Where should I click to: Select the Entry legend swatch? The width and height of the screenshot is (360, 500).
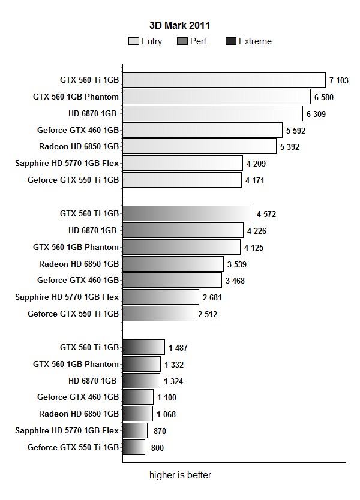click(x=134, y=41)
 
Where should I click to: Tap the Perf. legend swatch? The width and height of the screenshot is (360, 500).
click(x=183, y=41)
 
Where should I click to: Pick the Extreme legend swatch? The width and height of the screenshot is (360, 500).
click(x=230, y=41)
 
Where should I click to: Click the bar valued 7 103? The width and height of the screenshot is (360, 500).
click(x=224, y=80)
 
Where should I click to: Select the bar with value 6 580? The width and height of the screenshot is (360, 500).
click(x=217, y=97)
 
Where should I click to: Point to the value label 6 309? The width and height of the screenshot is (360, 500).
click(x=316, y=113)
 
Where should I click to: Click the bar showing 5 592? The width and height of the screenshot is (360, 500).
click(x=202, y=130)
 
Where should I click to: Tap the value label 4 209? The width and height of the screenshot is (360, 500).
click(x=255, y=163)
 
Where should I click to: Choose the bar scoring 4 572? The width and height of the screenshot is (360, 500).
click(x=188, y=213)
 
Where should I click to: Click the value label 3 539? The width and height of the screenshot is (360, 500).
click(x=236, y=264)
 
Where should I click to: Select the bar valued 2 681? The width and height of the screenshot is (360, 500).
click(x=160, y=297)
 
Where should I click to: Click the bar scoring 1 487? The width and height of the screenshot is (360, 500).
click(x=143, y=347)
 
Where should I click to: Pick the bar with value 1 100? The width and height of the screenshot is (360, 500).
click(x=138, y=397)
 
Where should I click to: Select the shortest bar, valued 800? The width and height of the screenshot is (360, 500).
click(x=134, y=447)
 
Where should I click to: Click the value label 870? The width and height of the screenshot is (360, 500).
click(x=159, y=430)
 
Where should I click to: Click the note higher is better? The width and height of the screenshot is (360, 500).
click(x=180, y=475)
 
